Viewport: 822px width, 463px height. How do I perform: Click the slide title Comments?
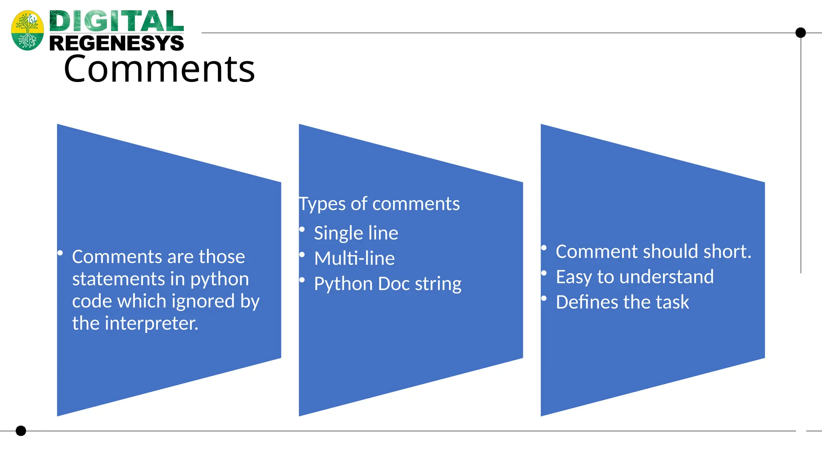pos(159,69)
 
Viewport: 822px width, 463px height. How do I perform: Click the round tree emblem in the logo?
pos(27,30)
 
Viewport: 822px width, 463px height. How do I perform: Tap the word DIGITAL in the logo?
pos(116,21)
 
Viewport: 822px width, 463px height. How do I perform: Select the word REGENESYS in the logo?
pos(116,43)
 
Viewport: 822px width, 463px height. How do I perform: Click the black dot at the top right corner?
pos(800,33)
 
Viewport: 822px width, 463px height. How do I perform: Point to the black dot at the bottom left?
pos(21,431)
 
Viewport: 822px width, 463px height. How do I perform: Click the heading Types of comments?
pos(379,204)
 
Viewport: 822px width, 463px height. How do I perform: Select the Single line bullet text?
pos(356,233)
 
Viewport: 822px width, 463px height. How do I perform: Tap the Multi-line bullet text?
pos(354,258)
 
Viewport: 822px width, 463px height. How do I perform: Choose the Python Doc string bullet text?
pos(387,284)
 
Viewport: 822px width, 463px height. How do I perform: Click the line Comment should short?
pos(653,252)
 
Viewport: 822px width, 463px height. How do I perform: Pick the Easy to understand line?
pos(634,277)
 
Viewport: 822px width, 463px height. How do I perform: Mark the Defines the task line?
pos(622,302)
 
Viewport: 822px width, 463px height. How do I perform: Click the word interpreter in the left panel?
pos(151,324)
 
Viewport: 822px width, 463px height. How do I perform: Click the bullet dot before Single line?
pos(302,229)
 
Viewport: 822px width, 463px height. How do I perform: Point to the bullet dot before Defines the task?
pos(544,298)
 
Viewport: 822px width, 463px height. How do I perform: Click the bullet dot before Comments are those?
pos(60,253)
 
